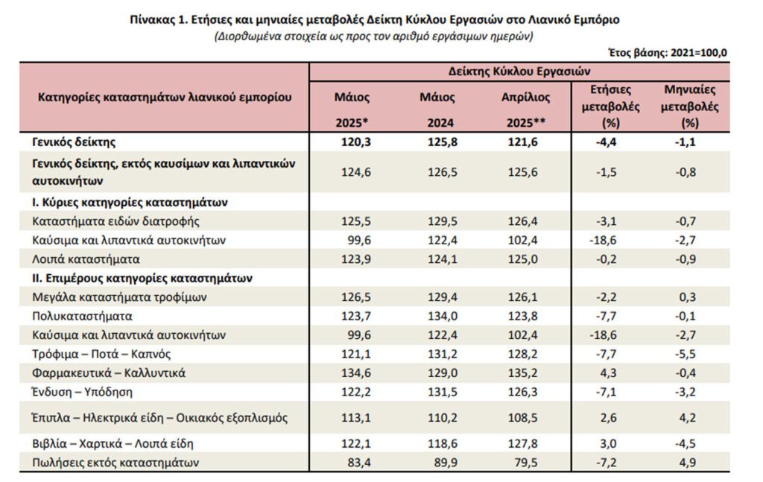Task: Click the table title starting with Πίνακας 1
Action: click(374, 20)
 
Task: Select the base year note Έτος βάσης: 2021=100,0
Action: click(668, 53)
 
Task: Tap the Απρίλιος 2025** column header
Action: click(525, 110)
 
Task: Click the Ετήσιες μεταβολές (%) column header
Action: click(611, 106)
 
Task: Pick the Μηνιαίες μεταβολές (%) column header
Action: click(689, 106)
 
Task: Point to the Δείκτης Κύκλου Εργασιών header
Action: click(519, 72)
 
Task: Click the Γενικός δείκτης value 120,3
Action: click(355, 142)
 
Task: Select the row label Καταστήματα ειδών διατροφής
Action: click(115, 221)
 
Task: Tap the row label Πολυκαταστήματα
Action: click(82, 316)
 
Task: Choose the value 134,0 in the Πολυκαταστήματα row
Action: click(443, 316)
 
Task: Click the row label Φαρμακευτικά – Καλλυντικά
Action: click(109, 373)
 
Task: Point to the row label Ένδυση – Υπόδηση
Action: click(82, 392)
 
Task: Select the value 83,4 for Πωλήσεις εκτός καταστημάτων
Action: click(359, 462)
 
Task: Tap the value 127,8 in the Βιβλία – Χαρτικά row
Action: click(523, 443)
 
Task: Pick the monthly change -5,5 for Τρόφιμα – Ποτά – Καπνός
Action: click(686, 354)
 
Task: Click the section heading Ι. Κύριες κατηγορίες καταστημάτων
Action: click(130, 203)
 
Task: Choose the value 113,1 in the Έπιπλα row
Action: click(355, 418)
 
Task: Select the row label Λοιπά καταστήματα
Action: click(86, 259)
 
